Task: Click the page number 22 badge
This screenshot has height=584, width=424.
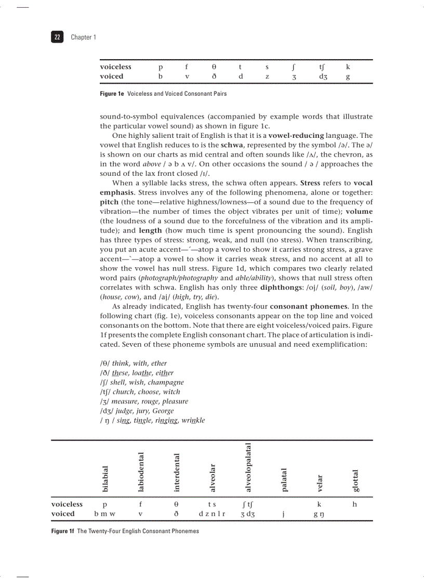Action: point(57,37)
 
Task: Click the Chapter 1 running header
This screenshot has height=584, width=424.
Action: point(83,37)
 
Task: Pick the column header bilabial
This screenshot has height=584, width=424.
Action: point(105,478)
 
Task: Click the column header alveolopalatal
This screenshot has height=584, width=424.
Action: point(248,467)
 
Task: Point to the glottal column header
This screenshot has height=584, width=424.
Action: point(355,481)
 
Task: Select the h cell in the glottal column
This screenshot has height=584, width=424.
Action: point(354,504)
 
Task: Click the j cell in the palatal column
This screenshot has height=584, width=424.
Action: point(284,514)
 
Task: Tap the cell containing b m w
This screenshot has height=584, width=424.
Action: point(104,514)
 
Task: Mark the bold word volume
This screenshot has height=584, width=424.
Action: point(359,212)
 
